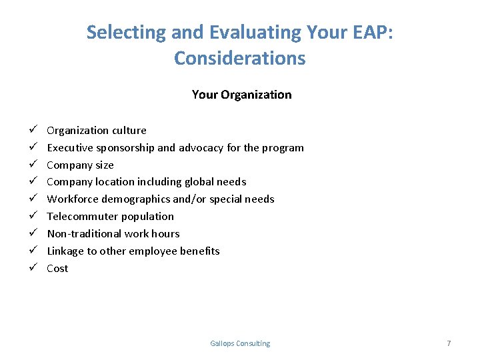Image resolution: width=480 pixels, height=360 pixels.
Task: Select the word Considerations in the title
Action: [240, 58]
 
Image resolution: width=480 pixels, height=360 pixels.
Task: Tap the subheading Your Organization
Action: [241, 95]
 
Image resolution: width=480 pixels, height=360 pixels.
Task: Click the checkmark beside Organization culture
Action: [33, 129]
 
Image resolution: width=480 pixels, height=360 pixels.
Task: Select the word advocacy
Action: [201, 148]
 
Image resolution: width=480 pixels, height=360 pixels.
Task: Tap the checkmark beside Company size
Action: [33, 163]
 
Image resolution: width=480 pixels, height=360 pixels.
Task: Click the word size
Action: [105, 165]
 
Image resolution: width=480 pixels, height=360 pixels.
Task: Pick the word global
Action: [199, 182]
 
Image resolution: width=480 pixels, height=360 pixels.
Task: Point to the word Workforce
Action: [73, 199]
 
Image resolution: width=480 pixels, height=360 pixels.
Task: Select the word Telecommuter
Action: [79, 217]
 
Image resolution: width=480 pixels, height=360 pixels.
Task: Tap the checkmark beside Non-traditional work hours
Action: [33, 233]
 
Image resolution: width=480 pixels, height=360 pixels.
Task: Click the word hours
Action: [165, 234]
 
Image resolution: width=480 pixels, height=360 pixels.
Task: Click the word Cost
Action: [57, 269]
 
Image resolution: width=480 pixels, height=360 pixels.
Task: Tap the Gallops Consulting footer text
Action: [240, 343]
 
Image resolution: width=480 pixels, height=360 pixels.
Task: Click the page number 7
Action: [449, 343]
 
